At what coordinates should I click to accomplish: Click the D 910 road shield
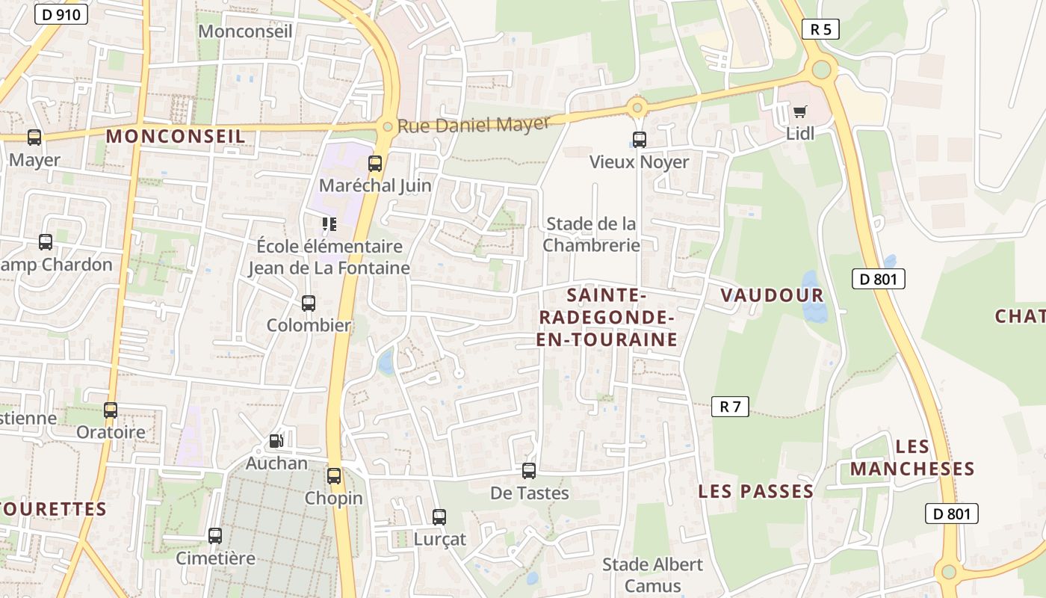pyautogui.click(x=61, y=14)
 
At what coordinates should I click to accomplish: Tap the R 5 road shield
pyautogui.click(x=820, y=29)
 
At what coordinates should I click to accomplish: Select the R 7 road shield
pyautogui.click(x=730, y=407)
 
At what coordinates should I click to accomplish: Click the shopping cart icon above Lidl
pyautogui.click(x=800, y=112)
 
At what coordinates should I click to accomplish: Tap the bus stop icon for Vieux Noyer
pyautogui.click(x=639, y=139)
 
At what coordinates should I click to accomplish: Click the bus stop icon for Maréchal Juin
pyautogui.click(x=375, y=163)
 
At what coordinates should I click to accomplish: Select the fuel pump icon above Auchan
pyautogui.click(x=276, y=441)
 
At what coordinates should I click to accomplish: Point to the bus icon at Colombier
pyautogui.click(x=309, y=303)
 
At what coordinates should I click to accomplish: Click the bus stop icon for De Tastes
pyautogui.click(x=529, y=471)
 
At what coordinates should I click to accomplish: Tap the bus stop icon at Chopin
pyautogui.click(x=334, y=475)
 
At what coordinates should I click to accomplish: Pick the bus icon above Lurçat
pyautogui.click(x=439, y=517)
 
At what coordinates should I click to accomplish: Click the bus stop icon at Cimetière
pyautogui.click(x=215, y=535)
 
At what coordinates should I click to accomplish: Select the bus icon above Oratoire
pyautogui.click(x=111, y=410)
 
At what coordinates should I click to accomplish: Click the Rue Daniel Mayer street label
pyautogui.click(x=474, y=124)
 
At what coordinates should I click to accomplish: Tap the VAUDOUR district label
pyautogui.click(x=772, y=295)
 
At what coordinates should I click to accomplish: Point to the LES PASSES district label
pyautogui.click(x=755, y=491)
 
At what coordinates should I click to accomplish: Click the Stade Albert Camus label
pyautogui.click(x=652, y=575)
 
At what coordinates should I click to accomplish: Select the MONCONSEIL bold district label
pyautogui.click(x=176, y=136)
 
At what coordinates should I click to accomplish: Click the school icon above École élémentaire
pyautogui.click(x=329, y=224)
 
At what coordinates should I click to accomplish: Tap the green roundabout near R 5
pyautogui.click(x=821, y=70)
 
